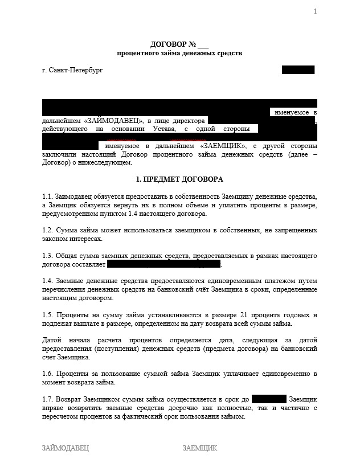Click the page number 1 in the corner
click(x=315, y=12)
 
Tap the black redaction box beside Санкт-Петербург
click(x=298, y=70)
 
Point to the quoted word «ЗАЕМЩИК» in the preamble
click(x=223, y=146)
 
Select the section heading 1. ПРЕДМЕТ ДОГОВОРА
click(x=179, y=178)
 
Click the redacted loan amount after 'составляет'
click(x=163, y=264)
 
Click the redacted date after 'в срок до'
click(x=268, y=399)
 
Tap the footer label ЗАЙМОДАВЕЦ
click(x=66, y=448)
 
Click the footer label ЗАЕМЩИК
click(x=200, y=448)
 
